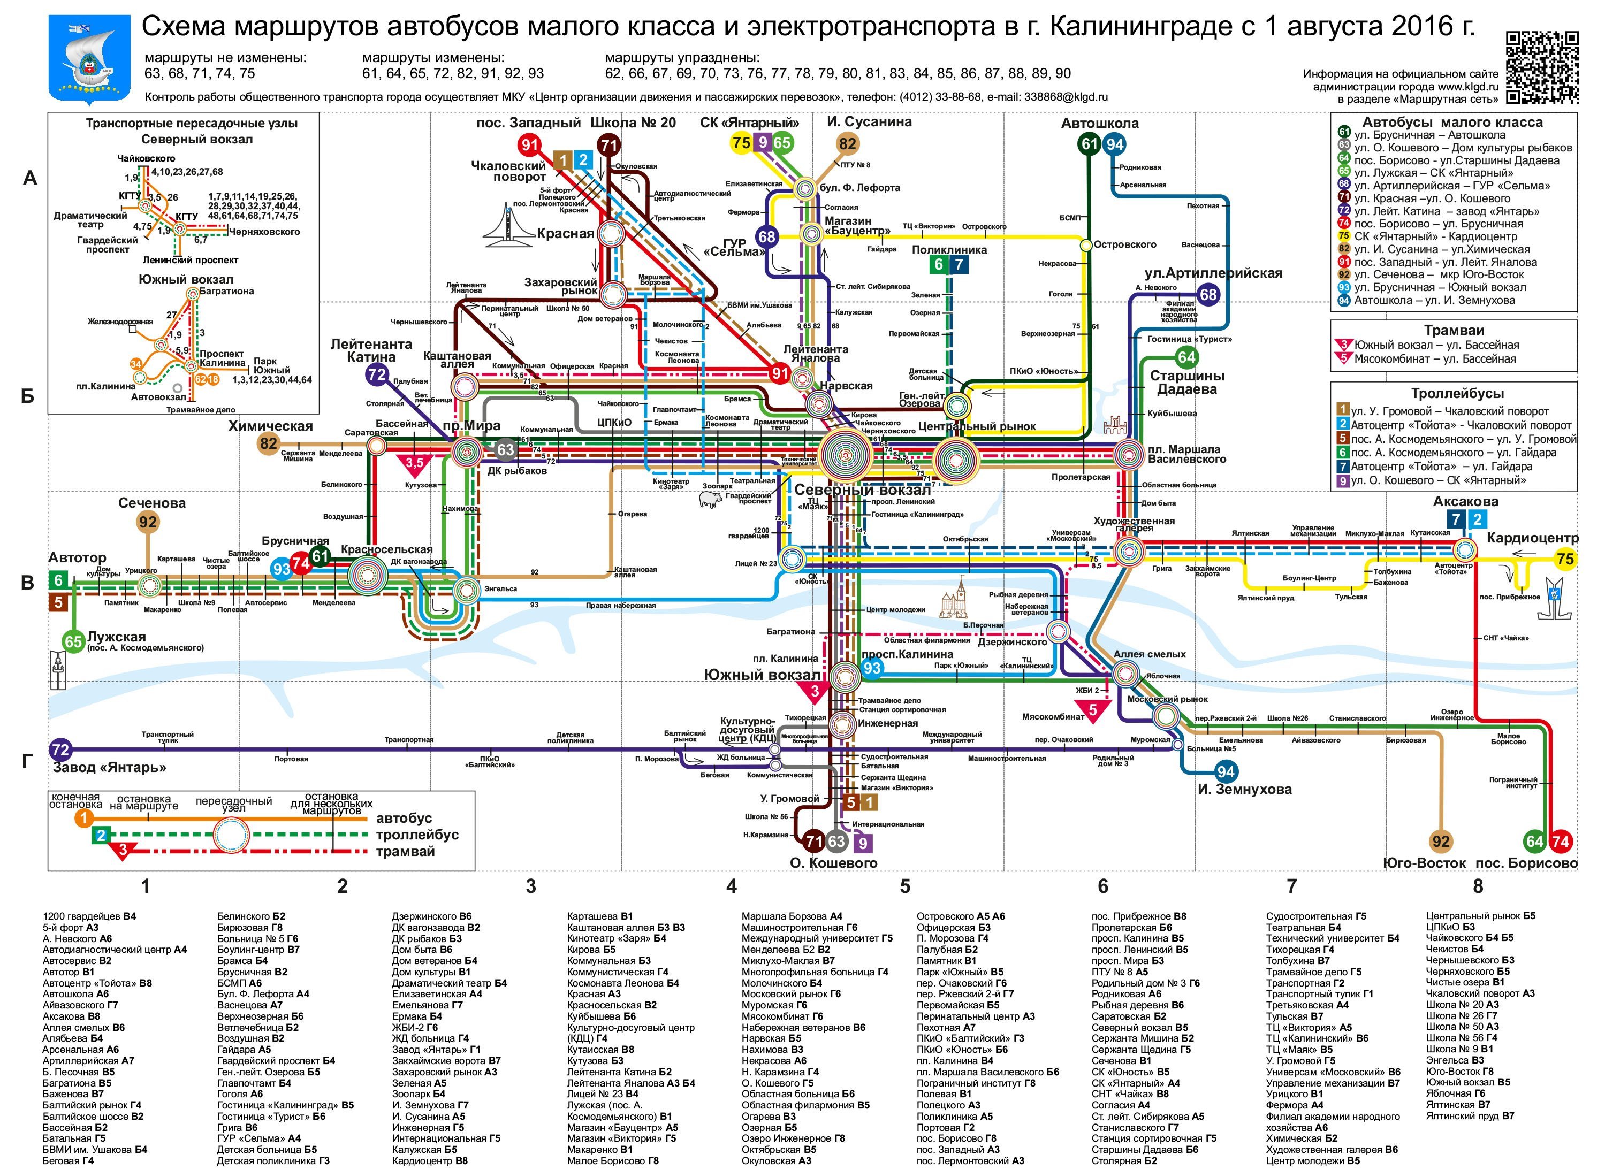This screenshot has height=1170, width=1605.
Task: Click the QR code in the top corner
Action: [x=1542, y=67]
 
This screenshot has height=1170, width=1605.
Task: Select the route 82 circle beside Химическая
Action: [x=269, y=444]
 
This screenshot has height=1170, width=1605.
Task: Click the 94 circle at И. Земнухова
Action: [x=1226, y=772]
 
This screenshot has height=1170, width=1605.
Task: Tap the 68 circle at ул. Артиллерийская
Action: [x=1208, y=295]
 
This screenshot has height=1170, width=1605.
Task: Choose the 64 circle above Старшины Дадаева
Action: [x=1186, y=358]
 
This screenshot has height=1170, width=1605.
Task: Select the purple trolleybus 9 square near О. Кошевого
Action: [x=863, y=843]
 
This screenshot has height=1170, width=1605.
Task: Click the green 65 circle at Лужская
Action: [x=74, y=641]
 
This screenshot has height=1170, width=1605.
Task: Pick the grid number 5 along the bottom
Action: [x=905, y=886]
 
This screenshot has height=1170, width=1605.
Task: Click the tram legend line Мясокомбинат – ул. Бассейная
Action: [x=1435, y=359]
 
